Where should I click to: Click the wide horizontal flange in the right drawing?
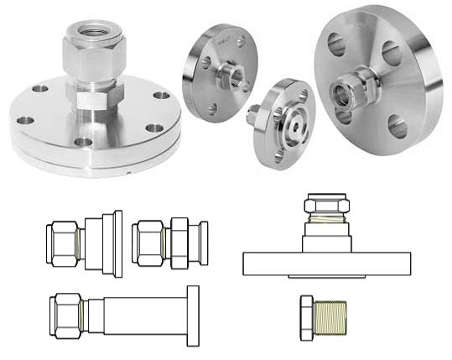click(x=328, y=264)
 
